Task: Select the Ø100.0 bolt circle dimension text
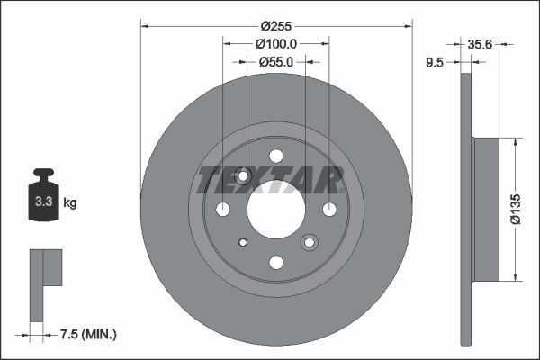tap(276, 43)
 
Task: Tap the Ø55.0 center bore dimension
tap(276, 62)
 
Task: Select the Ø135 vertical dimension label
tap(517, 208)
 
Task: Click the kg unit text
tap(70, 203)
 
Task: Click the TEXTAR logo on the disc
tap(271, 179)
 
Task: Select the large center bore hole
tap(276, 209)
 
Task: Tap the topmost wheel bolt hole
tap(276, 156)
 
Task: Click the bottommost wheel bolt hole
tap(276, 262)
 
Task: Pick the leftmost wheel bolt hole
tap(223, 209)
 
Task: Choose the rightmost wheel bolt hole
tap(329, 209)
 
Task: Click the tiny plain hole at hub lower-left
tap(243, 242)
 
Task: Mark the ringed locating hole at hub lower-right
tap(310, 242)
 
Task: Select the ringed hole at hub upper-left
tap(242, 175)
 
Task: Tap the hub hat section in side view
tap(486, 209)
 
